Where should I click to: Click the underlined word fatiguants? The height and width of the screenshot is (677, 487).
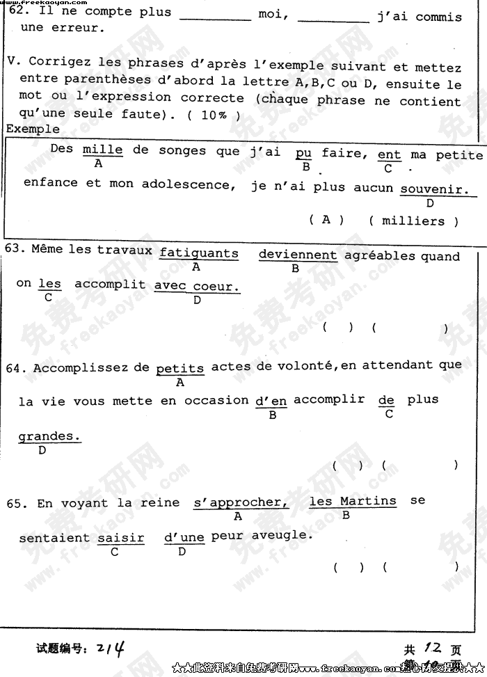pyautogui.click(x=198, y=253)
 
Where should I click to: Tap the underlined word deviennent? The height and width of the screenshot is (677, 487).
pyautogui.click(x=298, y=255)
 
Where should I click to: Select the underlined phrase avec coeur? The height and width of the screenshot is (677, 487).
pyautogui.click(x=197, y=286)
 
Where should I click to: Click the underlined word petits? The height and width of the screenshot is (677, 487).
pyautogui.click(x=180, y=369)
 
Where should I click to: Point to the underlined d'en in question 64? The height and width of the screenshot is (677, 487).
pyautogui.click(x=271, y=401)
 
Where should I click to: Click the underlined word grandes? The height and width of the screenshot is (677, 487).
pyautogui.click(x=49, y=436)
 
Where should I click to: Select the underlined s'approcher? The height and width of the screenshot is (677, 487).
pyautogui.click(x=240, y=502)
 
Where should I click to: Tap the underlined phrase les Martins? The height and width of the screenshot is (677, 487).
pyautogui.click(x=353, y=501)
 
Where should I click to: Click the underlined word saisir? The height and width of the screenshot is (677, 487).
pyautogui.click(x=120, y=538)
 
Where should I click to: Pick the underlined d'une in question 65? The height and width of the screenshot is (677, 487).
pyautogui.click(x=184, y=537)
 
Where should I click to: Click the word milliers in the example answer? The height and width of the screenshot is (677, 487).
pyautogui.click(x=413, y=221)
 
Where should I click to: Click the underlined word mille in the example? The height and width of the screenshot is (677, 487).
pyautogui.click(x=102, y=149)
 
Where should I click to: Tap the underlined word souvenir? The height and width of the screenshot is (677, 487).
pyautogui.click(x=434, y=188)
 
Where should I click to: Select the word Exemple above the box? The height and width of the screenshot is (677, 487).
pyautogui.click(x=33, y=129)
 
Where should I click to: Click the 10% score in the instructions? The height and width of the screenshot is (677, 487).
pyautogui.click(x=214, y=116)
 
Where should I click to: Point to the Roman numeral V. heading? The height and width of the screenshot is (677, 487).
pyautogui.click(x=13, y=62)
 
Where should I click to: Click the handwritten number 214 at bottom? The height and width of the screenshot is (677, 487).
pyautogui.click(x=111, y=648)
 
